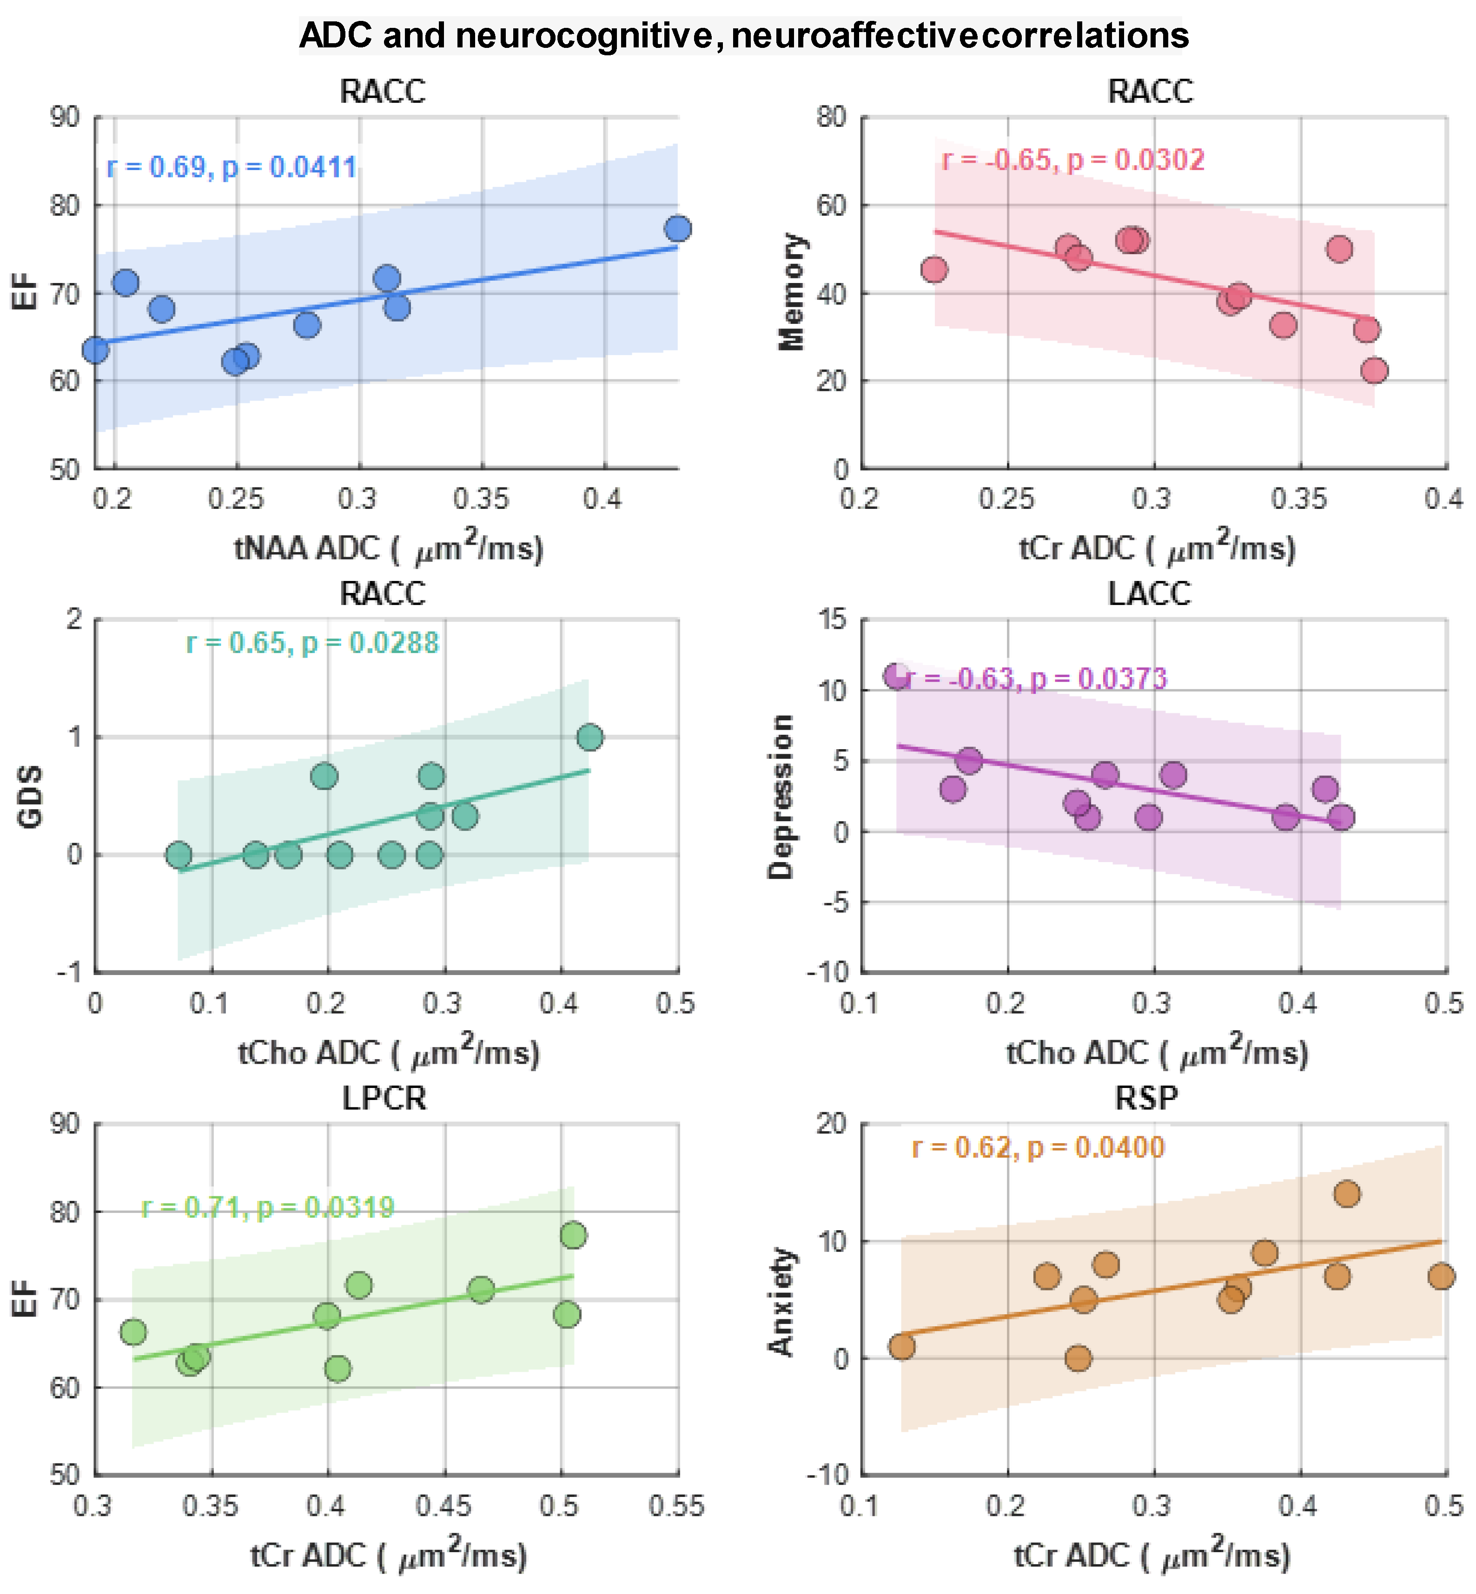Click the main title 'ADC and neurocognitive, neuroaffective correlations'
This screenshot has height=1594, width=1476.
point(744,36)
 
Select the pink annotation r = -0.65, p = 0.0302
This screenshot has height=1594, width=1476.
point(1072,160)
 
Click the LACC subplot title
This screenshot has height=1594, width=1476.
point(1149,594)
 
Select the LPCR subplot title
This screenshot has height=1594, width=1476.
point(384,1099)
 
